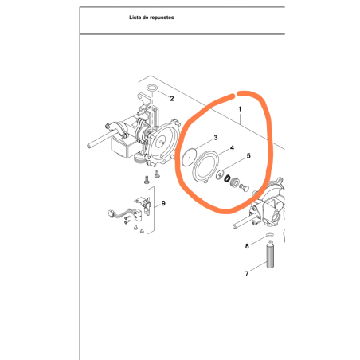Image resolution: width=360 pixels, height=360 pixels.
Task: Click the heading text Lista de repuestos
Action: pos(151,18)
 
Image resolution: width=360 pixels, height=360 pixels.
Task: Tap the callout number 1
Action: pos(240,109)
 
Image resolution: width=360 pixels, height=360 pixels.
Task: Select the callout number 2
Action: pos(172,99)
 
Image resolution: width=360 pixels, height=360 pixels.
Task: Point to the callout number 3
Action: pos(216,138)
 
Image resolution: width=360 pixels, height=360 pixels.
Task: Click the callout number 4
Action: pos(232,147)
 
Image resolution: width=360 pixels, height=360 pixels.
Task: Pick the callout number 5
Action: pos(248,155)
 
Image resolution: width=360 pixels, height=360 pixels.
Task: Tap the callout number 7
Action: pos(247,274)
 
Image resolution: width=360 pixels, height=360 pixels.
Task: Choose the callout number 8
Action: pos(247,246)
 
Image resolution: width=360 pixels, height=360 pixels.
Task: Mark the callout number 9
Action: pos(163,203)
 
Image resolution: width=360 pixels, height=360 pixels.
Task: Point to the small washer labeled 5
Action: pos(220,175)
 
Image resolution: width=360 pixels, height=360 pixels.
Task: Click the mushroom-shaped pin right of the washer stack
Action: pos(245,187)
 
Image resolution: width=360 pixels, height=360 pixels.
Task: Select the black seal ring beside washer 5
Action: pos(227,178)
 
